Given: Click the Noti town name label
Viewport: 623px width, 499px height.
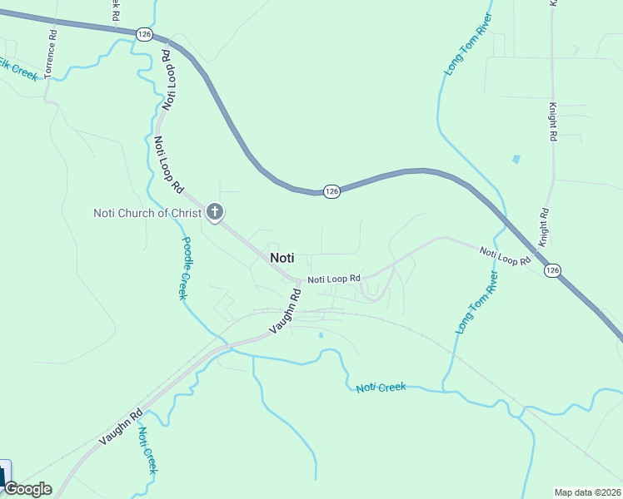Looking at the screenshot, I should click(282, 258).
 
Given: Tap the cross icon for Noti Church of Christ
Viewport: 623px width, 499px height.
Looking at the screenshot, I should click(214, 213).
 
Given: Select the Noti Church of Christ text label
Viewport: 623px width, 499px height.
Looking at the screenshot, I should click(147, 213).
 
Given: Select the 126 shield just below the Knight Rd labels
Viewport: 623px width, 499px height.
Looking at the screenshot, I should click(552, 270).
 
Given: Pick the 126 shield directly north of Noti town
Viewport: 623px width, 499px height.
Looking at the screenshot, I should click(331, 191).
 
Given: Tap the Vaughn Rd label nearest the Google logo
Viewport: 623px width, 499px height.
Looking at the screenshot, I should click(121, 427).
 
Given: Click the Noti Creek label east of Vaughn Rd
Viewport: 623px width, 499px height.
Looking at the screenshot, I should click(381, 388).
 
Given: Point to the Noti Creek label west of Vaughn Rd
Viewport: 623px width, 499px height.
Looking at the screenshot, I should click(147, 450).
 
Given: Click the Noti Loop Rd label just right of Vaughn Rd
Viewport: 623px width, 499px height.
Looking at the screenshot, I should click(333, 279).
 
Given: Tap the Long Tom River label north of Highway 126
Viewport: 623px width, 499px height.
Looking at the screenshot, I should click(468, 45).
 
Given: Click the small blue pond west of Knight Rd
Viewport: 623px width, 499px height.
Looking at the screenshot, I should click(516, 158).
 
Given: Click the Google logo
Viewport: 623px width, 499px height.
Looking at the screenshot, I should click(27, 489).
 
